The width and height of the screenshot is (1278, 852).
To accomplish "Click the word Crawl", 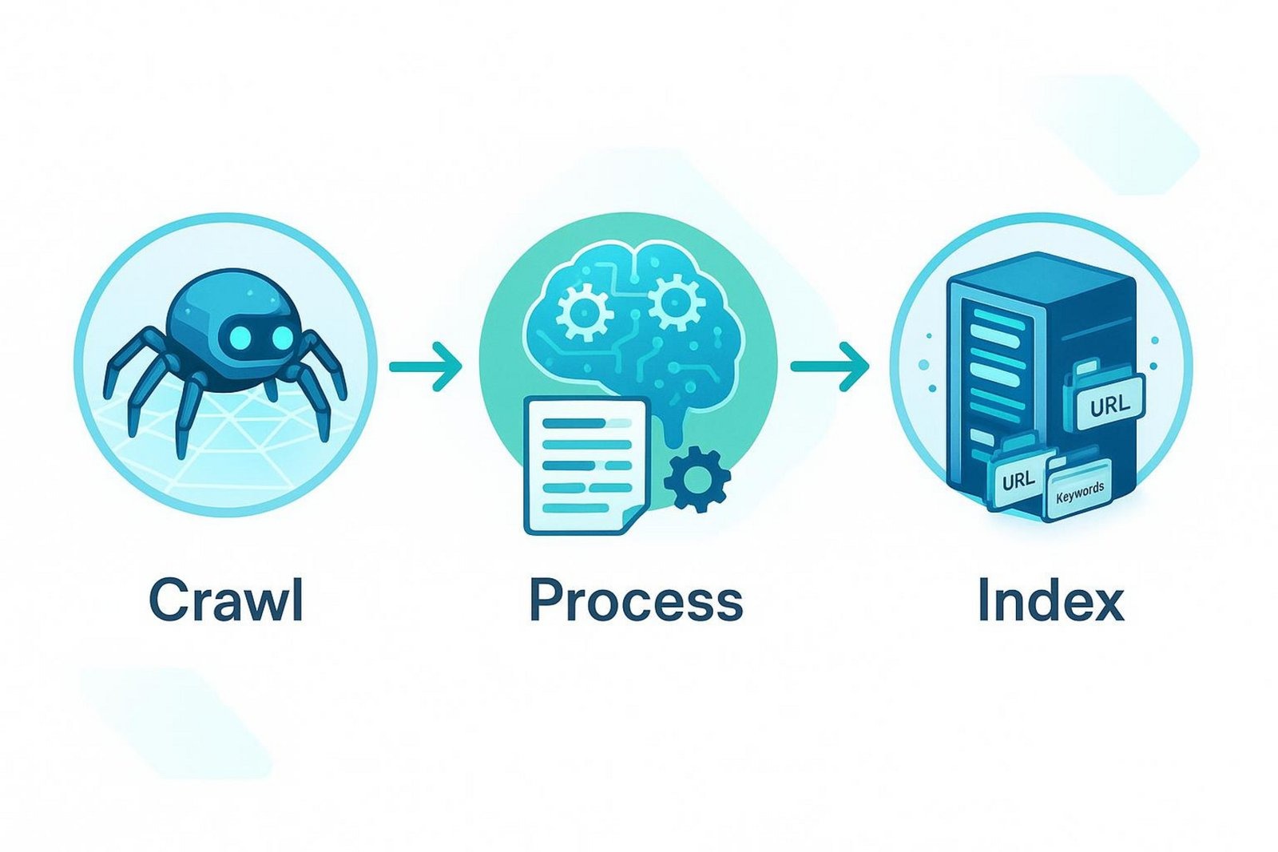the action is (x=225, y=600).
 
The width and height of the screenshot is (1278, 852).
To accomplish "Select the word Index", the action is (x=1051, y=600).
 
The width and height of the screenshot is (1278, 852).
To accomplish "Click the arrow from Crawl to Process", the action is (x=425, y=367).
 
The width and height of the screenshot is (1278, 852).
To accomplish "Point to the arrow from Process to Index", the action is (x=830, y=367).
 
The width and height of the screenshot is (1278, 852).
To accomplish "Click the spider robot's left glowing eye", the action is (x=240, y=338).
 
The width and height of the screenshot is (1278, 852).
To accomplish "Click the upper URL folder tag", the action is (x=1109, y=404).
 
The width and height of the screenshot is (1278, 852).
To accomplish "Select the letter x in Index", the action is (x=1107, y=605).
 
